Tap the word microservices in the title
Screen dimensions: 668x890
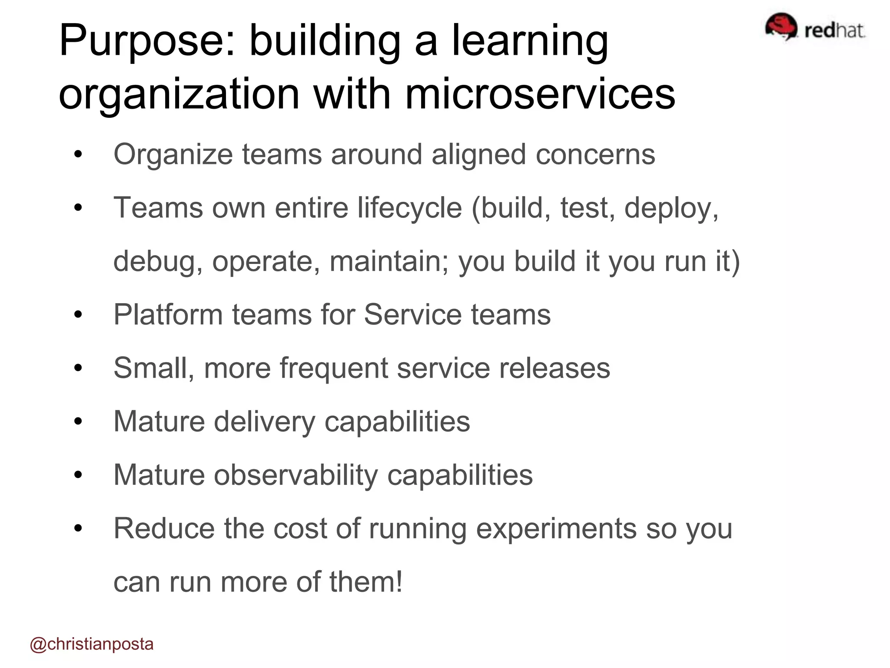click(540, 94)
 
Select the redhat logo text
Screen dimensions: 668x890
click(834, 30)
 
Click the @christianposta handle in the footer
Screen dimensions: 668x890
click(92, 644)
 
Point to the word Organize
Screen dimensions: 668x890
click(173, 155)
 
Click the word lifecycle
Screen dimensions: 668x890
click(409, 208)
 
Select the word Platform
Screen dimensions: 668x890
click(168, 314)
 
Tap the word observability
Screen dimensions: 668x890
click(296, 475)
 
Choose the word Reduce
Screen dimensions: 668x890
click(164, 528)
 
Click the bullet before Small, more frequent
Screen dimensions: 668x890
click(78, 368)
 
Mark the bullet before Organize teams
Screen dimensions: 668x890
click(78, 155)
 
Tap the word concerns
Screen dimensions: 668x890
click(595, 155)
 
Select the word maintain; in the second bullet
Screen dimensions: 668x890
click(389, 261)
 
